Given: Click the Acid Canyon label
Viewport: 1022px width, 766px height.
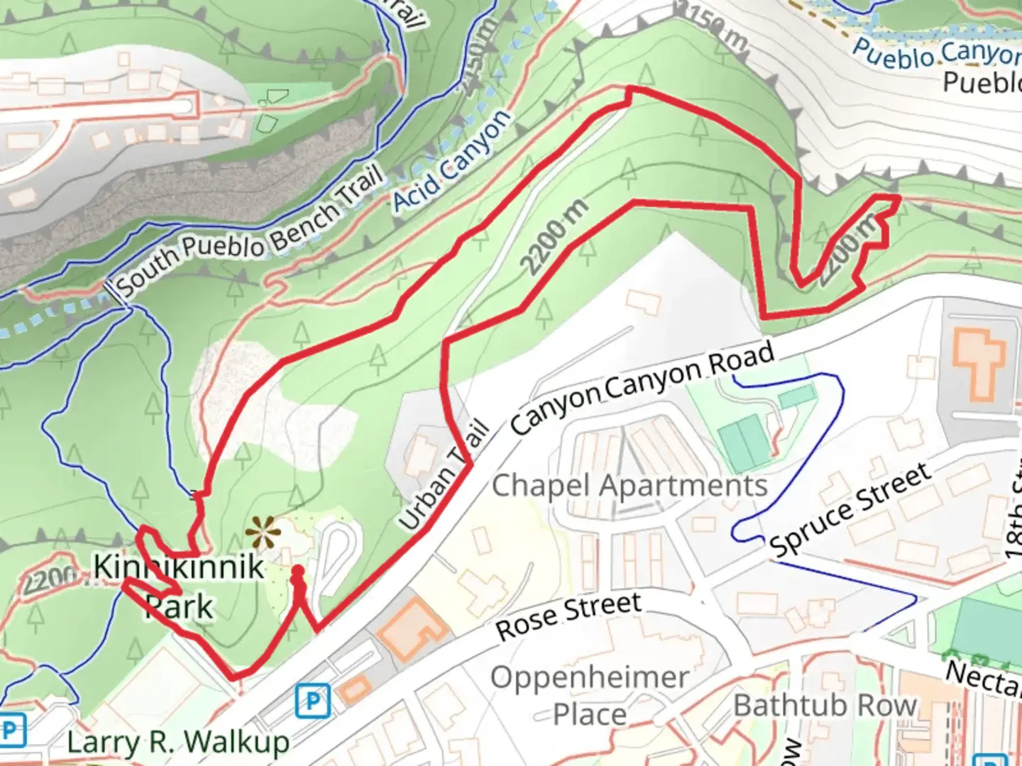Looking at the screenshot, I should pyautogui.click(x=451, y=161).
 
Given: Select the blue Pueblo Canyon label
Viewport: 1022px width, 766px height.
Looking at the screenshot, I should pyautogui.click(x=937, y=53).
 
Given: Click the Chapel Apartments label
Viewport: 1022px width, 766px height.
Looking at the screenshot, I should pyautogui.click(x=630, y=486).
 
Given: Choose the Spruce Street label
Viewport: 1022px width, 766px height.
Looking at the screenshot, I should pyautogui.click(x=850, y=509).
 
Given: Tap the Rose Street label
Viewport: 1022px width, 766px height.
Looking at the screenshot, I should pyautogui.click(x=568, y=616).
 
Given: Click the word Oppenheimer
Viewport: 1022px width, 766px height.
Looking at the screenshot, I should pyautogui.click(x=589, y=677).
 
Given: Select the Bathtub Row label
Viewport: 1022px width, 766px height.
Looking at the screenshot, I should pyautogui.click(x=825, y=705).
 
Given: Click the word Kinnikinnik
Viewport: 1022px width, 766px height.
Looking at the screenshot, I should pyautogui.click(x=179, y=567).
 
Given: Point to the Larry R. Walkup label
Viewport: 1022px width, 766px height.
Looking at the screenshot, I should pyautogui.click(x=178, y=743).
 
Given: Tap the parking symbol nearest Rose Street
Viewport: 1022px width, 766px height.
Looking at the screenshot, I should pyautogui.click(x=312, y=701).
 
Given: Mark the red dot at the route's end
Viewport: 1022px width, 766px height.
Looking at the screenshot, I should pyautogui.click(x=298, y=572).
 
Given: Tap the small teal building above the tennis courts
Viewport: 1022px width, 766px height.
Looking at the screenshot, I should pyautogui.click(x=796, y=397).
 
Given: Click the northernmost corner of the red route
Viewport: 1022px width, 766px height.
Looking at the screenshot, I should pyautogui.click(x=629, y=89).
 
